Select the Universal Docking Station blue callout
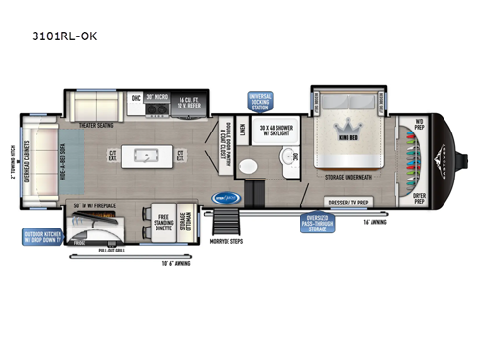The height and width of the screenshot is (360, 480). point(258,102)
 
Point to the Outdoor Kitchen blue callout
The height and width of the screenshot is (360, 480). point(47,237)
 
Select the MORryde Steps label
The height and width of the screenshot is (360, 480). point(226,241)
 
